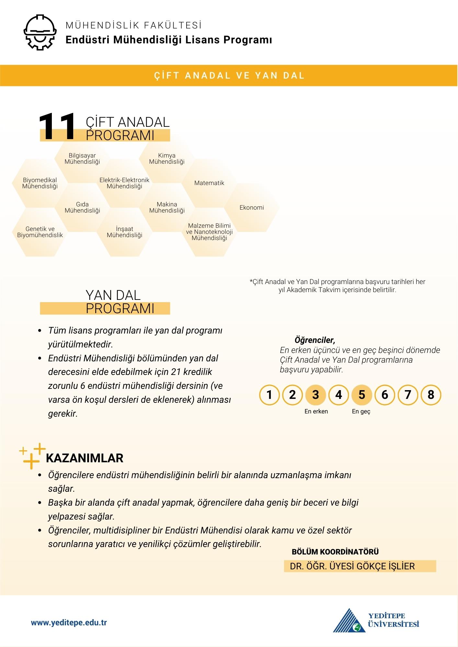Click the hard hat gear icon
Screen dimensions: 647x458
pos(40,32)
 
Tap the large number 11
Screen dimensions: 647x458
pos(57,127)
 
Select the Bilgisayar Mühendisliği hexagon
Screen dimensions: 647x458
pos(82,159)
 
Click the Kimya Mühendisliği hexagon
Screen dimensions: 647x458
pos(167,159)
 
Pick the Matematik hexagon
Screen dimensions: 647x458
pos(209,183)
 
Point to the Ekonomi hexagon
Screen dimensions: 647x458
pos(252,208)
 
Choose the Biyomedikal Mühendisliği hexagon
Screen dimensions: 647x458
pos(40,183)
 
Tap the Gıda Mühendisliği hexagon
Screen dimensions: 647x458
pos(82,207)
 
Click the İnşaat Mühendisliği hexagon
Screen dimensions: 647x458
pos(125,232)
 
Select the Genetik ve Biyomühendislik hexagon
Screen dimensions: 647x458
pos(40,232)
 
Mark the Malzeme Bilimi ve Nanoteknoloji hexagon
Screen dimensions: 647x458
pos(209,232)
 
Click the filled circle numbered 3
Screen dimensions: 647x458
pos(315,395)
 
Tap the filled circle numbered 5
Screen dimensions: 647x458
pos(362,395)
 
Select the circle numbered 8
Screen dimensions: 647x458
pos(431,395)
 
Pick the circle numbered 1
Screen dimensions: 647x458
pos(269,395)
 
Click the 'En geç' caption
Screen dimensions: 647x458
pos(361,411)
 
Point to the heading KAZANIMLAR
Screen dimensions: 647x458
pos(85,458)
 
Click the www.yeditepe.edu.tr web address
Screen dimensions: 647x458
pos(69,623)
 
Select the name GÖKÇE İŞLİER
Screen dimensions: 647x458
pos(385,566)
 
